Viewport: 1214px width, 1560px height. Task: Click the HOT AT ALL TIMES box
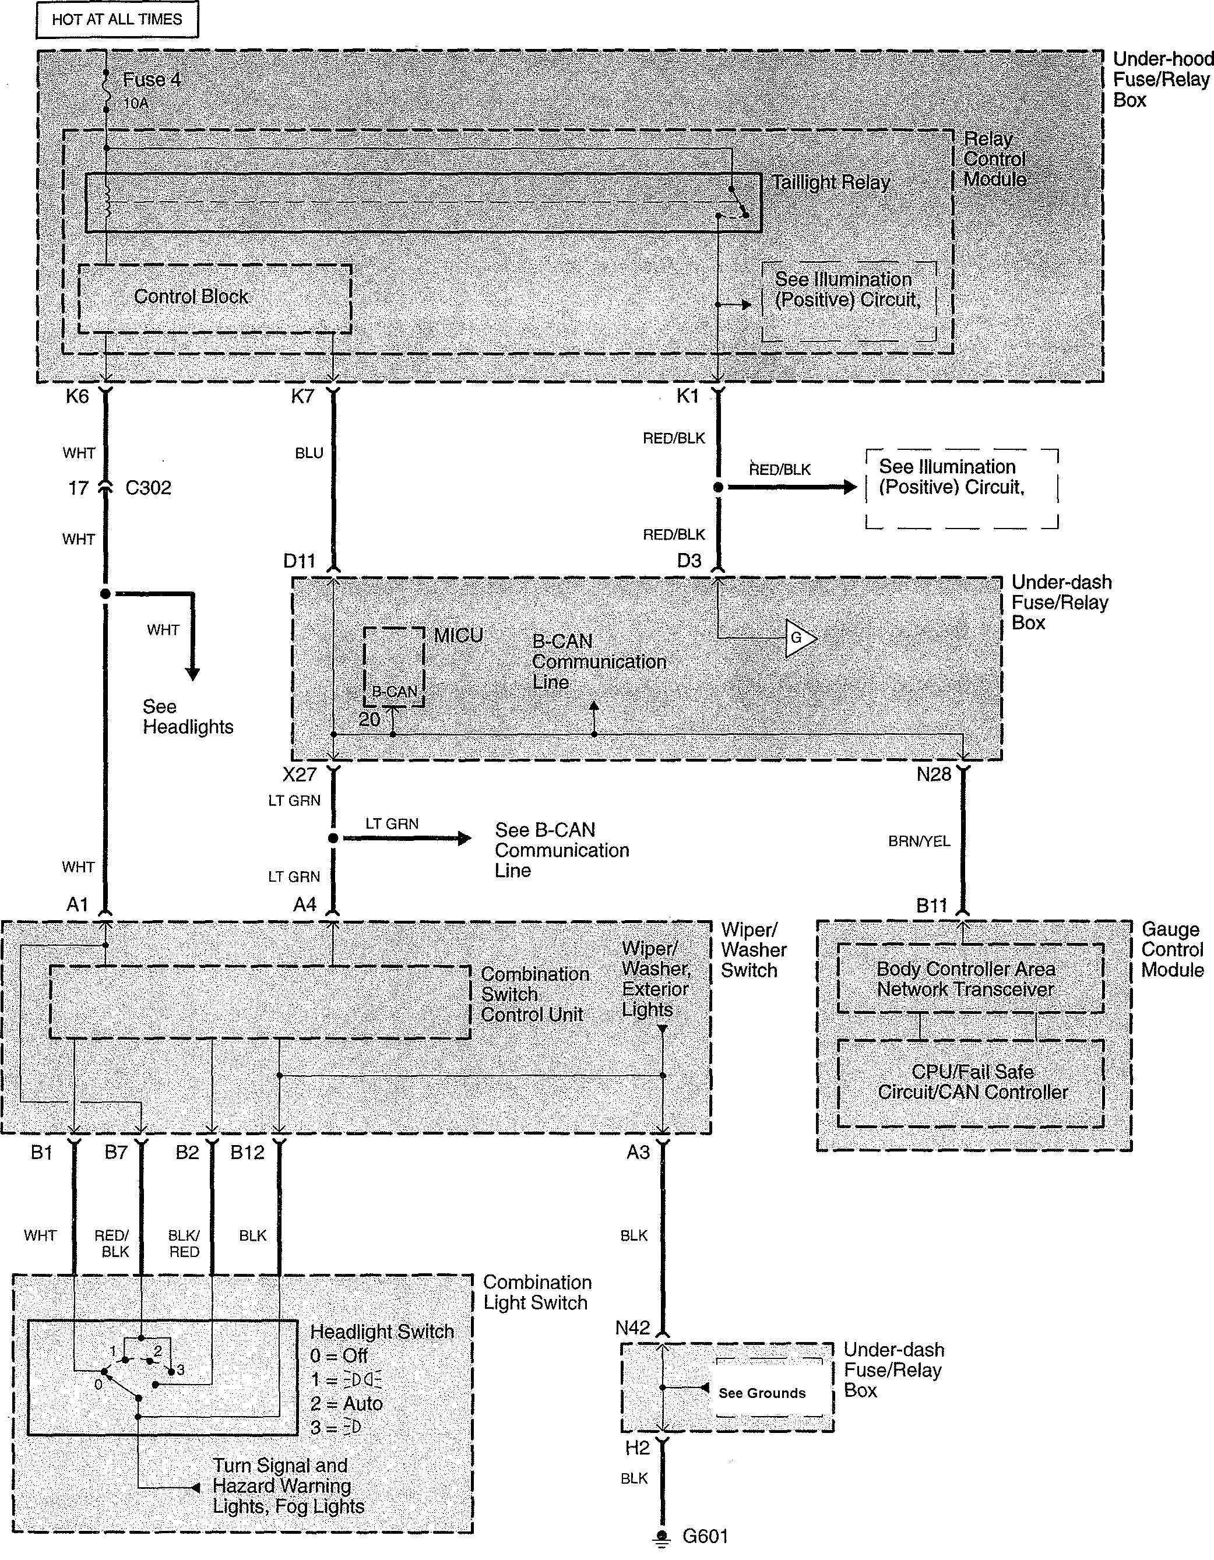[x=117, y=19]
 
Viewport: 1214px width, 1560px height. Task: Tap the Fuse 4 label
[x=152, y=80]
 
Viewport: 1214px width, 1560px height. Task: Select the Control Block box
[x=214, y=298]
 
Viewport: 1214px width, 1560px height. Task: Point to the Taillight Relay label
[x=831, y=183]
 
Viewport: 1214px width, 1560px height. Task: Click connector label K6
[x=76, y=396]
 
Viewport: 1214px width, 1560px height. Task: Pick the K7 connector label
[x=302, y=396]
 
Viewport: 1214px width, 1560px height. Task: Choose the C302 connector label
[x=148, y=488]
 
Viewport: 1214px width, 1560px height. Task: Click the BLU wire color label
[x=309, y=453]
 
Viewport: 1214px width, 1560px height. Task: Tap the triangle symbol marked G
[x=800, y=637]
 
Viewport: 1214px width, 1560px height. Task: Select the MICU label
[x=458, y=635]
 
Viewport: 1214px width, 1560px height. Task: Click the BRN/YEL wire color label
[x=919, y=841]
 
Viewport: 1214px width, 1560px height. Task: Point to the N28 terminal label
[x=933, y=775]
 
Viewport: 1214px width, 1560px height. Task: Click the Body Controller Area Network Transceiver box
[x=970, y=979]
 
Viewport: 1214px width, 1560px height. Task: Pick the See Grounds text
[x=762, y=1393]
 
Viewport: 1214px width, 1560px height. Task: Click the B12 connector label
[x=247, y=1153]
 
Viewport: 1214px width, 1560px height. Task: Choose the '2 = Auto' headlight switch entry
[x=346, y=1404]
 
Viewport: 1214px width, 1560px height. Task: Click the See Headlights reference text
[x=187, y=717]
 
